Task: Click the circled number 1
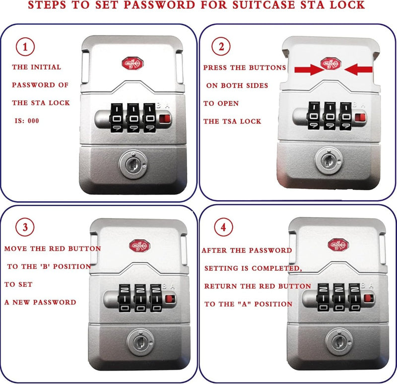25,47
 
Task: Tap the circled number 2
221,46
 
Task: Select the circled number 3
25,227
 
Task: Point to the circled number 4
223,227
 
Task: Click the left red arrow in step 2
309,70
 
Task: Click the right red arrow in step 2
358,69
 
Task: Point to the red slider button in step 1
165,119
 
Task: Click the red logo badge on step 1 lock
132,64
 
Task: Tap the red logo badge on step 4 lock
338,244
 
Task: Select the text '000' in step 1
33,121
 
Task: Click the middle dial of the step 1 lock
133,118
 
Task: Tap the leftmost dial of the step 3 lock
124,298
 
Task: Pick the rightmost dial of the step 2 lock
345,116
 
